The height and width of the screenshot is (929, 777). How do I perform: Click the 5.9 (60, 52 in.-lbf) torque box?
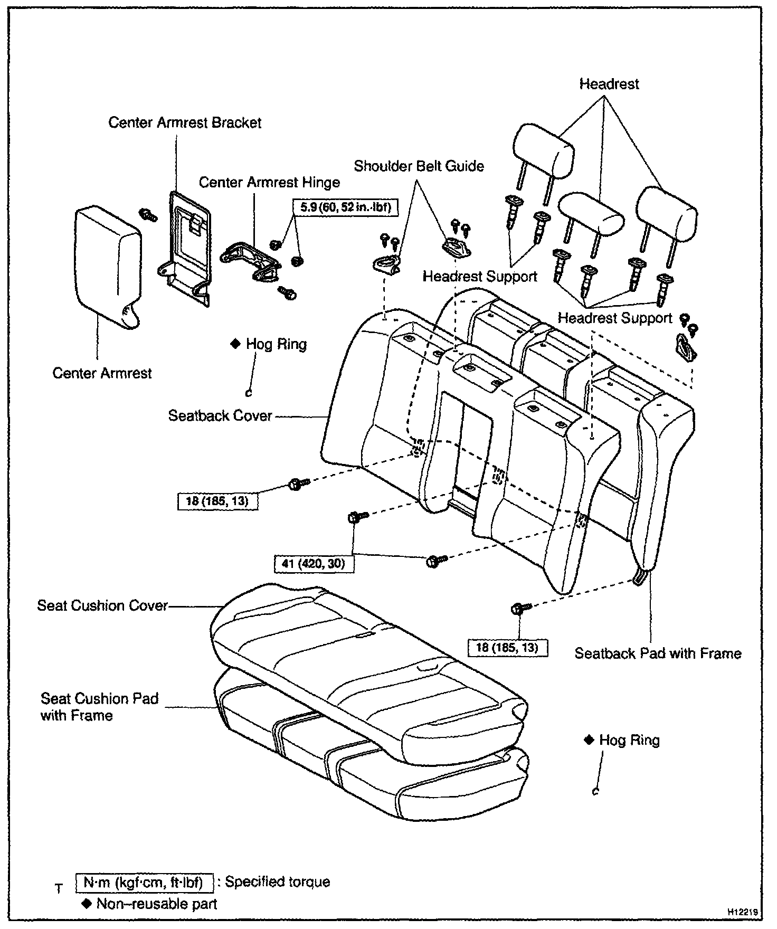[345, 207]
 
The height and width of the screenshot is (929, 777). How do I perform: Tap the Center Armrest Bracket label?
[185, 122]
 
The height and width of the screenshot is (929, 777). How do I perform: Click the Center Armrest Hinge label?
[269, 183]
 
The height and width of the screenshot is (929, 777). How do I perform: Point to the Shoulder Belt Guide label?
[419, 166]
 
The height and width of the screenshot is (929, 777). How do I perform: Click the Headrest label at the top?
[609, 84]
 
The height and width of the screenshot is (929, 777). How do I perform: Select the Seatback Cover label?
[220, 416]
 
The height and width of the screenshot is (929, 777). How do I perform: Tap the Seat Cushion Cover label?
[102, 605]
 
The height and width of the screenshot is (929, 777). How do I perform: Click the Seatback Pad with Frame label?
[658, 653]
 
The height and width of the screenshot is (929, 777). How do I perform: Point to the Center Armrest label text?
[102, 373]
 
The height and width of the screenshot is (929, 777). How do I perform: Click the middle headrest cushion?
[592, 214]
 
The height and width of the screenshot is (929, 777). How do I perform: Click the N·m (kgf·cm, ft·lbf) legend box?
[145, 883]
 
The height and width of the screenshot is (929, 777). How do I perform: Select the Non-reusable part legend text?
[150, 904]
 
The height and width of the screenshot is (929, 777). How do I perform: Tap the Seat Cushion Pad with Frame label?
[99, 707]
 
